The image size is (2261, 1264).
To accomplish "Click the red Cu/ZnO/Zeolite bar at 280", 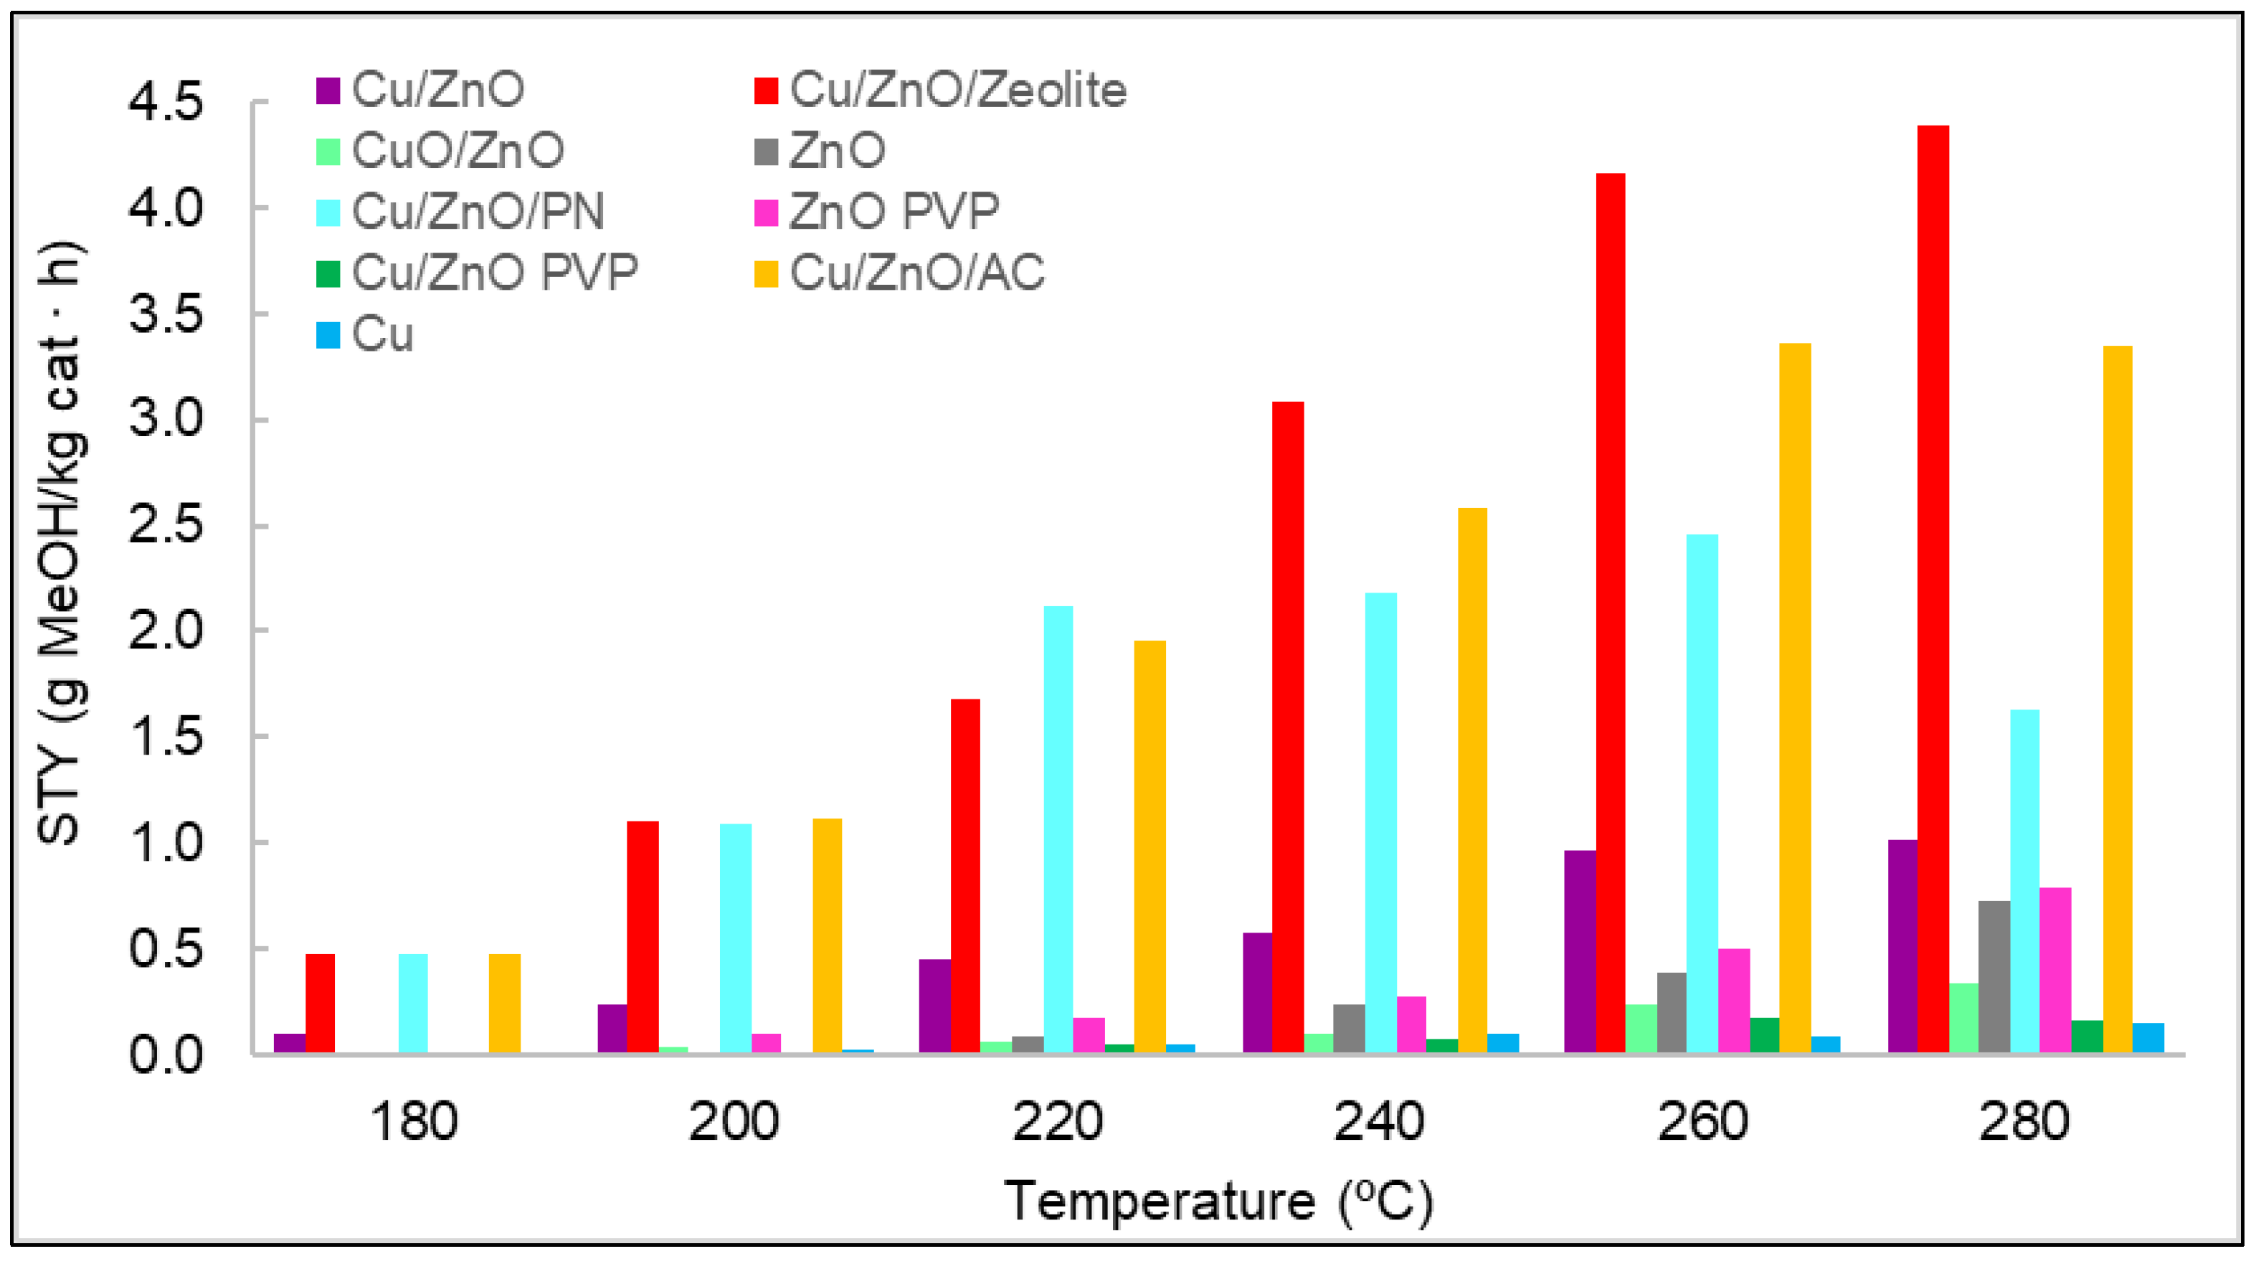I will click(1932, 588).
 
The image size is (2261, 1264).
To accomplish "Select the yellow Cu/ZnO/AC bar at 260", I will click(1795, 698).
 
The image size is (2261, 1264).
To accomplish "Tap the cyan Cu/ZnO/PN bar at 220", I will click(1058, 829).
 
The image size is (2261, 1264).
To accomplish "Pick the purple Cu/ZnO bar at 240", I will click(1257, 992).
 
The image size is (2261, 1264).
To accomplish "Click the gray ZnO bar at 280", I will click(1994, 976).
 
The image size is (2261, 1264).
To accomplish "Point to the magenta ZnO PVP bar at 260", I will click(1733, 1001).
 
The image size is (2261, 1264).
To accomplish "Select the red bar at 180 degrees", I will click(320, 1004).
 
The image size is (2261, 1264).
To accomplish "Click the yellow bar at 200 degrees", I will click(827, 935).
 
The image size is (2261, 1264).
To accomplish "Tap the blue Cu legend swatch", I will click(328, 334).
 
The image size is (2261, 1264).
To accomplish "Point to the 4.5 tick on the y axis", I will click(165, 102).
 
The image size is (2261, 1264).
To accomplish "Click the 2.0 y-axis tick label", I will click(165, 631).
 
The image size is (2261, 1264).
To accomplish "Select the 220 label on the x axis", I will click(1057, 1122).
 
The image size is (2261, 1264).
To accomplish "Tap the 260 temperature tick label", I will click(1702, 1122).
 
